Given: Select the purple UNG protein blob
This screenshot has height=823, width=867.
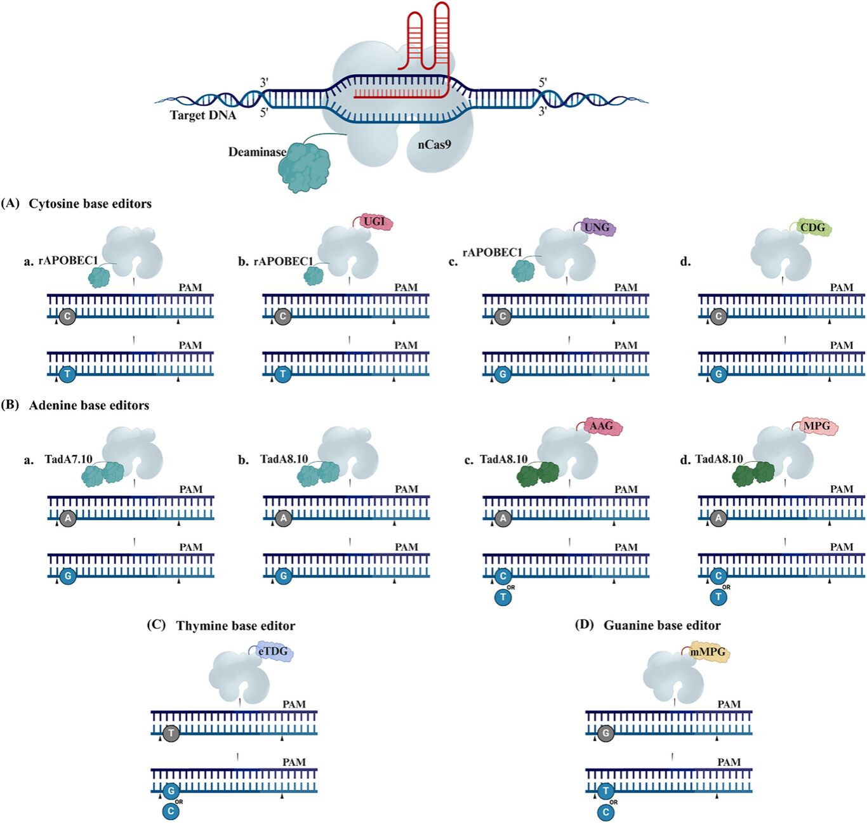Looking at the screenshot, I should coord(596,227).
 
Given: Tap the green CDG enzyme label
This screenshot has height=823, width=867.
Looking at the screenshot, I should coord(812,227).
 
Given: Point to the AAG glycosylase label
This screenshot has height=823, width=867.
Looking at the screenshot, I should coord(600,426).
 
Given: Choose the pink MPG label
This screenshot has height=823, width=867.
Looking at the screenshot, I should coord(816,426).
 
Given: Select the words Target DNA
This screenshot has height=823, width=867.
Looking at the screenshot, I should coord(203,115).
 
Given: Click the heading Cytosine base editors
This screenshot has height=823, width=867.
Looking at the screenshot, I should coord(90,204).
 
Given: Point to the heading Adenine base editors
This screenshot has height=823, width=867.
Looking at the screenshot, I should coord(89,405).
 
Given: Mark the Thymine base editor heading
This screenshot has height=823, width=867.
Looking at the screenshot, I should coord(235,626).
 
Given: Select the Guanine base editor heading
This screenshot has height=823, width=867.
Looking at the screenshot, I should coord(662,626).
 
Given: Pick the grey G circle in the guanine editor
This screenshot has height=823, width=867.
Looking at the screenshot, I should coord(606,734).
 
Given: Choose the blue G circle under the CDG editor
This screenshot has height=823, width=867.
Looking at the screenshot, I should coord(718,374).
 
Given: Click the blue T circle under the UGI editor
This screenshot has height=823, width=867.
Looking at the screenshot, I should coord(283,374).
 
